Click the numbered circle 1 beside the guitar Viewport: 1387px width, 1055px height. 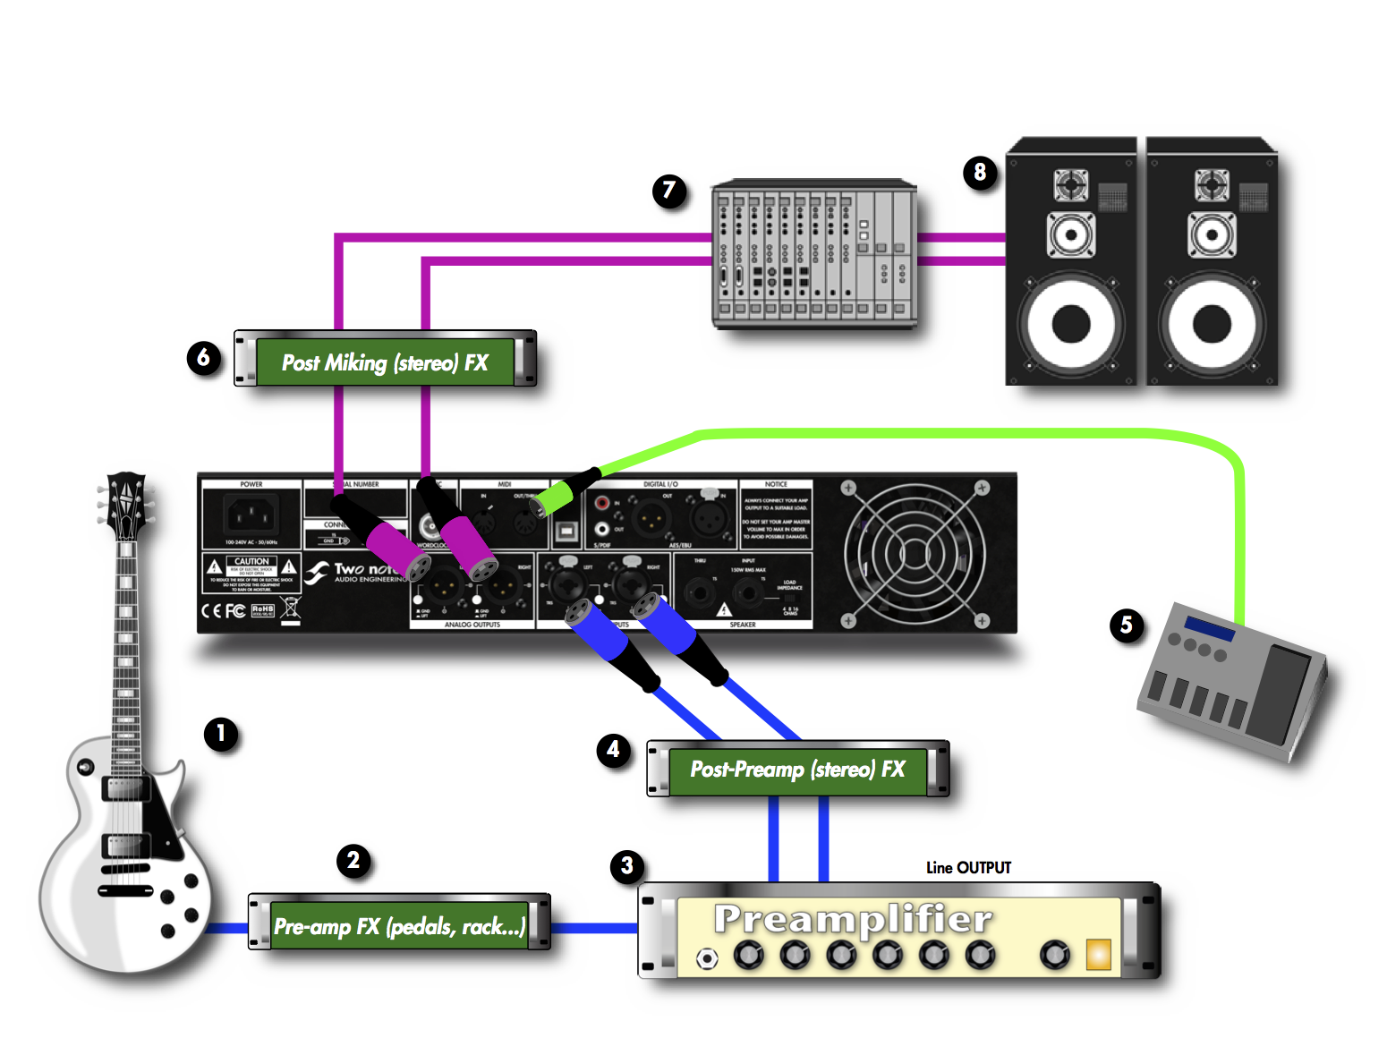tap(220, 734)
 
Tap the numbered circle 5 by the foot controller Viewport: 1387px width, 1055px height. tap(1126, 625)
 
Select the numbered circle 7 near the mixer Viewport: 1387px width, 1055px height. tap(668, 191)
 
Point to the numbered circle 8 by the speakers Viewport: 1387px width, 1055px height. tap(980, 172)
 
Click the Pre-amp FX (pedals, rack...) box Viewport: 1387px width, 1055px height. tap(399, 925)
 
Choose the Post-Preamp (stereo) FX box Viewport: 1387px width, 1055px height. tap(797, 770)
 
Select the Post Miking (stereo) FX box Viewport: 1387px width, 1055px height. tap(385, 362)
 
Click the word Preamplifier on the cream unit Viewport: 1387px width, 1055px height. tap(852, 919)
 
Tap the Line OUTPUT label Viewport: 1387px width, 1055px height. tap(968, 867)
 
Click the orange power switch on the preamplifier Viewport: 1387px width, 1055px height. tap(1098, 955)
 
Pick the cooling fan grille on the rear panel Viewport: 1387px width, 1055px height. tap(915, 552)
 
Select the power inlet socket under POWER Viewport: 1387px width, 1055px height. tap(251, 515)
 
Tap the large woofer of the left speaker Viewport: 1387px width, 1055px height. tap(1071, 324)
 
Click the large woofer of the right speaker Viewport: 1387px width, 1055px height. tap(1212, 324)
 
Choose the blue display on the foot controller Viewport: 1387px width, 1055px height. tap(1209, 628)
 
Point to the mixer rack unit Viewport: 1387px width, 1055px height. tap(813, 254)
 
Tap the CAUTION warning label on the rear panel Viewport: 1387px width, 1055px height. tap(251, 573)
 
